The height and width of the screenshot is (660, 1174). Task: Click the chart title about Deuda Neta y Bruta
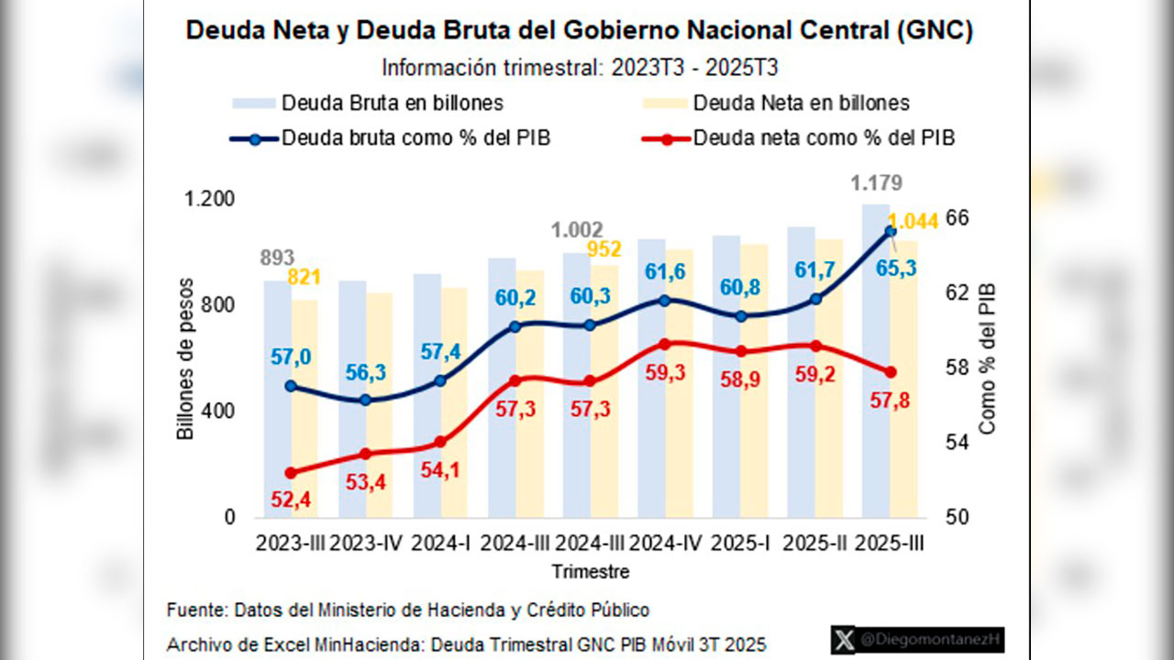point(579,30)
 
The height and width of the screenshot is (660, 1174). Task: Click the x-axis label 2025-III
point(889,544)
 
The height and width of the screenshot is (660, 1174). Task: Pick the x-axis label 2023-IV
point(365,544)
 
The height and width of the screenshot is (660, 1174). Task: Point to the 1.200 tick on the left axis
point(210,199)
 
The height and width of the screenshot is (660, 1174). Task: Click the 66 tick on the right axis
point(958,218)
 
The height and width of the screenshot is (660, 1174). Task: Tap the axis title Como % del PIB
point(988,358)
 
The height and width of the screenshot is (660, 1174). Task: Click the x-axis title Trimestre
point(591,572)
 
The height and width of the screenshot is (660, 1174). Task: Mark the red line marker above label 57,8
point(889,372)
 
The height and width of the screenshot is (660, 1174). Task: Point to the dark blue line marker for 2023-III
point(291,386)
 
